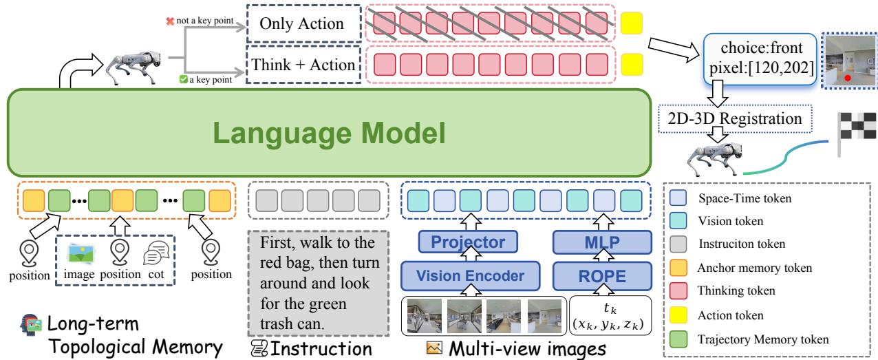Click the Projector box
(468, 242)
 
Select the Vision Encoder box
(471, 276)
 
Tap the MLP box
(603, 242)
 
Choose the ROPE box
(603, 276)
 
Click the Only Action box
(303, 23)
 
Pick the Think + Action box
(303, 65)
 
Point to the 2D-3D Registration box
(735, 118)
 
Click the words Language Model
(329, 134)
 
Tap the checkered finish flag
(856, 134)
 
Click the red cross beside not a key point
(170, 21)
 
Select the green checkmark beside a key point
(183, 79)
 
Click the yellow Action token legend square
(678, 315)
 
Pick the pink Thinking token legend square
(678, 290)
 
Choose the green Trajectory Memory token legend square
(678, 339)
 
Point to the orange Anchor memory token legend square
(678, 268)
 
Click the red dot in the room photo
(848, 78)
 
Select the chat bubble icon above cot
(156, 253)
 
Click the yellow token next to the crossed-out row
(632, 23)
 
